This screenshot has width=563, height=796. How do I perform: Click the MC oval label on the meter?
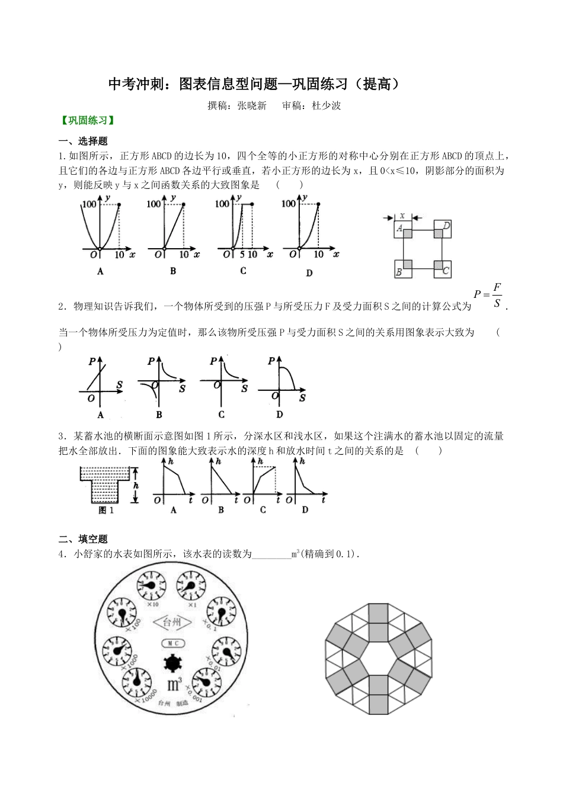click(173, 643)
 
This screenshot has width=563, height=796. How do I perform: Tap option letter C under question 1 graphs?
click(243, 272)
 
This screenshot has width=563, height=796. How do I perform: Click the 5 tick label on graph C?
click(242, 255)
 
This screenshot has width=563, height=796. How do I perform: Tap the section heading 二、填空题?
click(84, 539)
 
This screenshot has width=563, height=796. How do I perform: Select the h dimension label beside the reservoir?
click(136, 485)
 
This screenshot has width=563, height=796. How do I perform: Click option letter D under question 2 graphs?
click(280, 415)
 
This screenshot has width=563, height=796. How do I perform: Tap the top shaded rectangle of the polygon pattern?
click(379, 614)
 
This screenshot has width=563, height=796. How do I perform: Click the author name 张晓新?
click(252, 106)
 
